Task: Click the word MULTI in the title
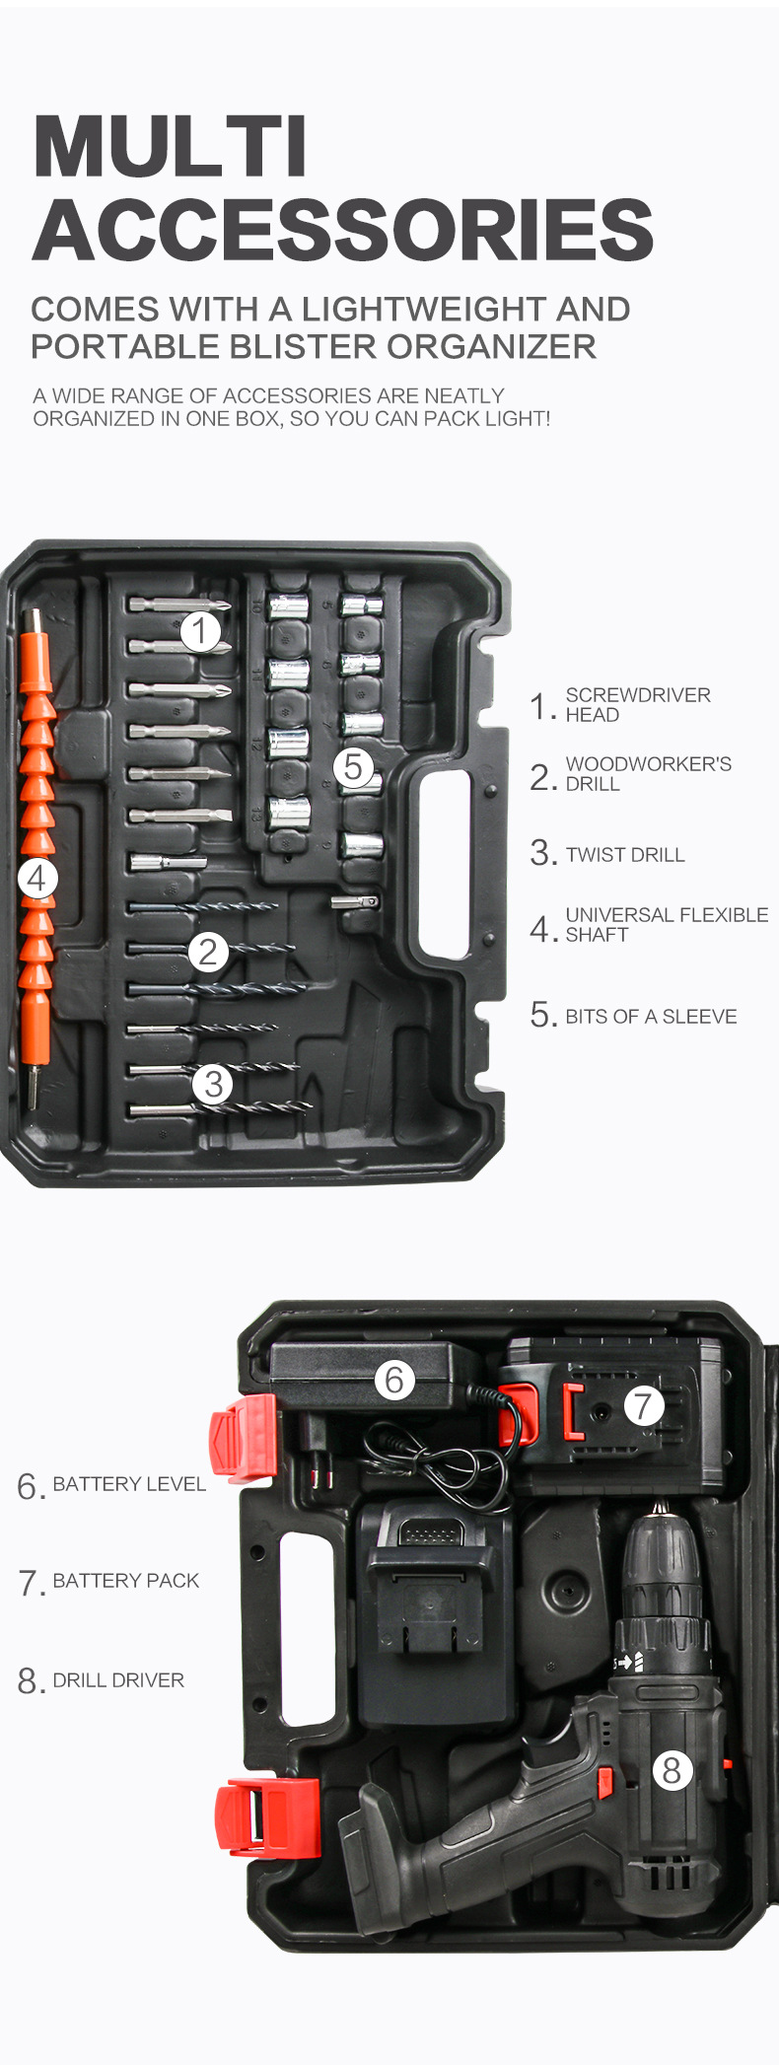tap(170, 146)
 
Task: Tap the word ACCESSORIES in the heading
tap(342, 230)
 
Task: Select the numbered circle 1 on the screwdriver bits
tap(200, 630)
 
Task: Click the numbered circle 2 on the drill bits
tap(208, 952)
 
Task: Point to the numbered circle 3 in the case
tap(213, 1084)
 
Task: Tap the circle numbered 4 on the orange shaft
tap(37, 878)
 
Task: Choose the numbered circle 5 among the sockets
tap(353, 766)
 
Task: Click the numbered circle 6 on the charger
tap(394, 1380)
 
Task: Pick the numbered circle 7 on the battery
tap(643, 1405)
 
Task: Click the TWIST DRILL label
tap(624, 855)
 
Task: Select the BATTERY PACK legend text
tap(125, 1581)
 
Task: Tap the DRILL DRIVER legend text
tap(118, 1680)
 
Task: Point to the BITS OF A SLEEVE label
tap(651, 1017)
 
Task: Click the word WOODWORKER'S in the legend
tap(648, 764)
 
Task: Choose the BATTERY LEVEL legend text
tap(129, 1484)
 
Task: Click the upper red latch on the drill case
tap(243, 1438)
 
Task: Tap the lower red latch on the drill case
tap(265, 1816)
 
